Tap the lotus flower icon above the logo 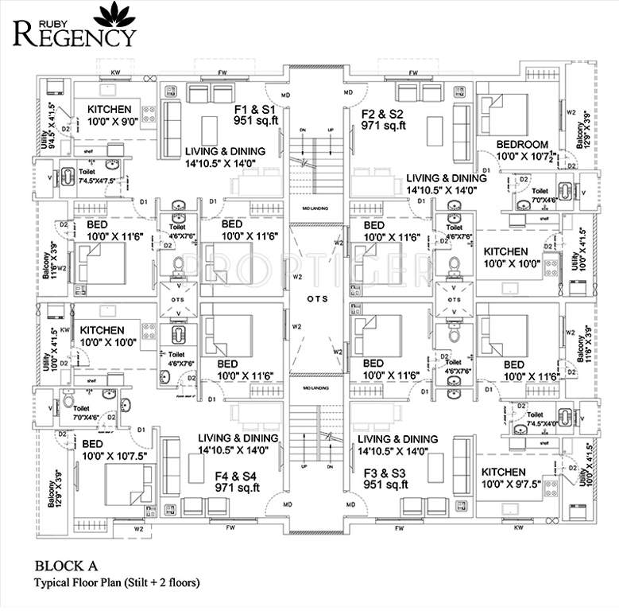pos(110,13)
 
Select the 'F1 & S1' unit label pos(254,108)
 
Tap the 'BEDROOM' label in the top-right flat pos(522,144)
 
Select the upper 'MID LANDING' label pos(315,208)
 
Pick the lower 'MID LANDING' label pos(315,387)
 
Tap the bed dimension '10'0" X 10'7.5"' pos(114,457)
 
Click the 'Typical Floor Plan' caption pos(115,583)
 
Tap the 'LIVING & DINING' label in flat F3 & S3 pos(397,439)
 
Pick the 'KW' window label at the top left pos(115,72)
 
